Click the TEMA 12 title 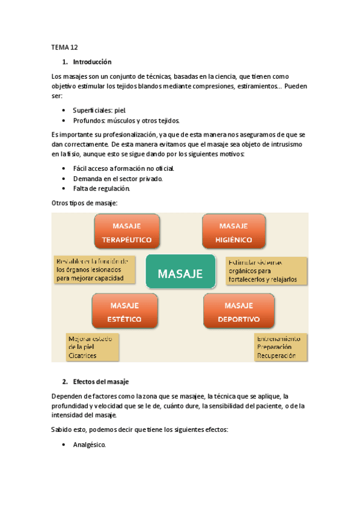coord(64,46)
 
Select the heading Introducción coord(92,62)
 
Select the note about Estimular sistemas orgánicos coord(265,271)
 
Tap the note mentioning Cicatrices coord(92,347)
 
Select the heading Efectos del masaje coord(100,382)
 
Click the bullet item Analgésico coord(89,445)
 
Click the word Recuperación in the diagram coord(276,355)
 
